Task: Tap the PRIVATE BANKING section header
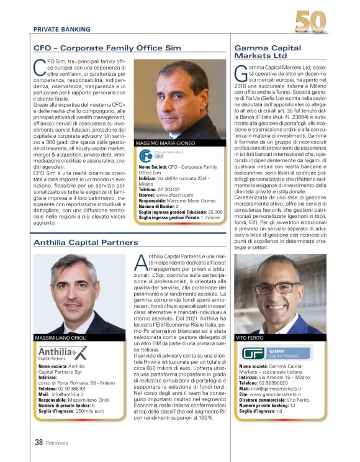tap(61, 29)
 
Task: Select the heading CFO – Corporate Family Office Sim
tap(107, 48)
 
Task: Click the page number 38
tap(38, 443)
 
